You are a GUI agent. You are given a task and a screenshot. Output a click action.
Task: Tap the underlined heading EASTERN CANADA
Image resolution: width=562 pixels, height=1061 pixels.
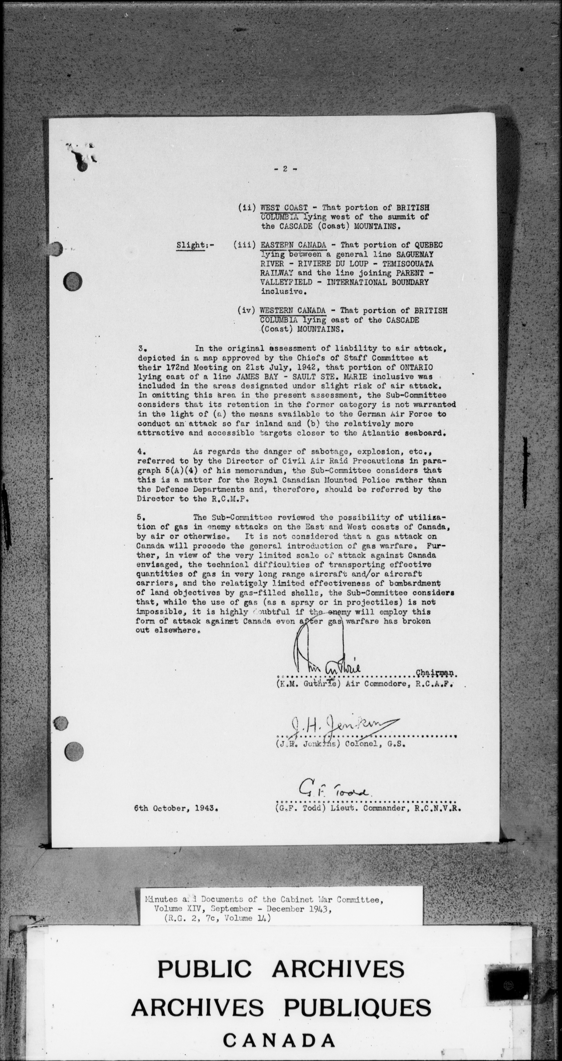294,245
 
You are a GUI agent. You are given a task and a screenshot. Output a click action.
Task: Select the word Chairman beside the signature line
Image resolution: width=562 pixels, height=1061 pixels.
435,673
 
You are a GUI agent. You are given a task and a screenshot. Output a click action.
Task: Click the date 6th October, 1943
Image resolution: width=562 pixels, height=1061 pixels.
176,808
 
